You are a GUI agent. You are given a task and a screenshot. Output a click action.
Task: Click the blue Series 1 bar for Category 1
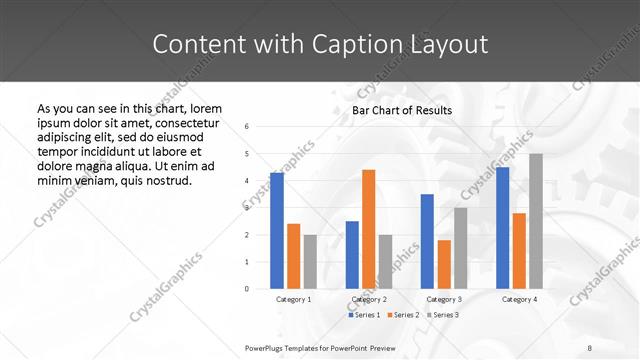point(277,231)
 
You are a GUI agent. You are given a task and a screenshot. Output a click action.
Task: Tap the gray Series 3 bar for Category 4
point(536,221)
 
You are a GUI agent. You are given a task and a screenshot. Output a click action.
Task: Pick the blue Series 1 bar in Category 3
point(427,241)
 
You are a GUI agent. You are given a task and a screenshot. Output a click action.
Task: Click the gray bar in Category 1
point(310,262)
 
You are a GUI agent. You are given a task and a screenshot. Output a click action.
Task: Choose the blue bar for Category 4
point(502,228)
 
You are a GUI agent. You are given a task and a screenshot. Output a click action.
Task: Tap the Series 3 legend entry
point(443,315)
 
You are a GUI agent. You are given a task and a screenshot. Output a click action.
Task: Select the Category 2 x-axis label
point(369,299)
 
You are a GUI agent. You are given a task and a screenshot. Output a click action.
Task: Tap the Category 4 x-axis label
point(519,299)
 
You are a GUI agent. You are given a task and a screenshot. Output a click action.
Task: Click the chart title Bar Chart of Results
point(402,110)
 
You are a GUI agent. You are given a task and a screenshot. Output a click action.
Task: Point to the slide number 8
point(590,347)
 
